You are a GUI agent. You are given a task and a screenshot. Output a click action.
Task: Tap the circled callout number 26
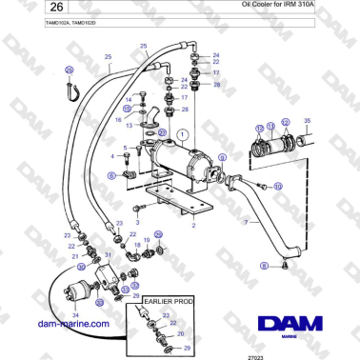tap(69, 70)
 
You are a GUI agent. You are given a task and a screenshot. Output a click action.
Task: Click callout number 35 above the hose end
tap(306, 121)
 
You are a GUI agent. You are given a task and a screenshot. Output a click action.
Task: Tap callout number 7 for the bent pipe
tap(246, 223)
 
